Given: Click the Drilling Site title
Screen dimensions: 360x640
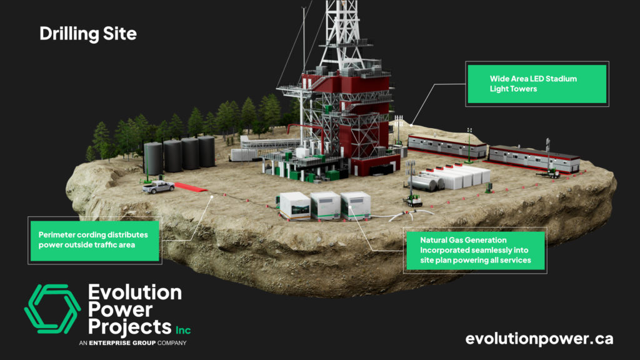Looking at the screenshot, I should coord(87,34).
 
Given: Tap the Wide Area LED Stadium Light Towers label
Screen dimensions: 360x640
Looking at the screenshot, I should coord(536,84).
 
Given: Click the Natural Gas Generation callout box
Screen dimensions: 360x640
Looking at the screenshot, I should coord(476,249).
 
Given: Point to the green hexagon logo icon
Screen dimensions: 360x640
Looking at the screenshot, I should coord(52,311).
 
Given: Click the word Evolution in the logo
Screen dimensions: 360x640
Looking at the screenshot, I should coord(135,292).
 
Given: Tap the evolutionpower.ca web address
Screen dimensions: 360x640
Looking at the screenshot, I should coord(539,339).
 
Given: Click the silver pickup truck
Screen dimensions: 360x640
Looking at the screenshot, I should coord(157,186).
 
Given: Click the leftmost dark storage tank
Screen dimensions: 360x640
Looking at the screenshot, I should coord(153,158).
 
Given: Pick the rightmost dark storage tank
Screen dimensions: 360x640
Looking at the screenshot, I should coord(206,152).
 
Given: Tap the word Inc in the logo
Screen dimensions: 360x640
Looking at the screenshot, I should coord(183,329).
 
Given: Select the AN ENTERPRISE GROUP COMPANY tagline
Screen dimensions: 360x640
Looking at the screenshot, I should coord(133,343).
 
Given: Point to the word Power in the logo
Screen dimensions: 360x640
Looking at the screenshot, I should coord(120,309).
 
